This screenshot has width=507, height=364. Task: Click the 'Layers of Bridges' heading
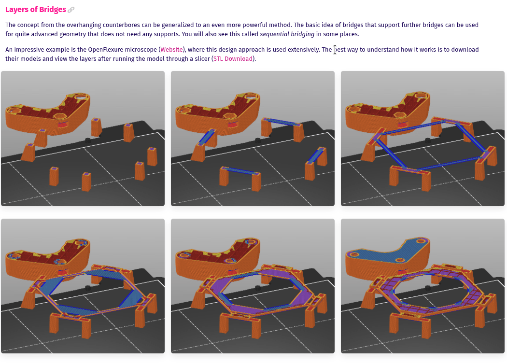tap(36, 9)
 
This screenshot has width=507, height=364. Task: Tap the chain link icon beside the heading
tap(71, 10)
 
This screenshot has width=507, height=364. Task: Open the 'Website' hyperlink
tap(172, 49)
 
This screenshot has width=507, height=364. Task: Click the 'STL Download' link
tap(233, 58)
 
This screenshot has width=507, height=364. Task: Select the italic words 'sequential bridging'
tap(287, 34)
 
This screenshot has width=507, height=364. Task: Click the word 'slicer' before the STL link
tap(202, 58)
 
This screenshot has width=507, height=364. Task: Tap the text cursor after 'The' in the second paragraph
tap(335, 50)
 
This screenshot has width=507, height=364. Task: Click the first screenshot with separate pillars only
tap(83, 139)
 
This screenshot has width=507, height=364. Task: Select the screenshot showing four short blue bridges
tap(253, 139)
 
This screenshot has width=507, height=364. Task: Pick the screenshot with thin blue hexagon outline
tap(422, 139)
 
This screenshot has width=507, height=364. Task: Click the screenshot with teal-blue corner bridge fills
tap(83, 286)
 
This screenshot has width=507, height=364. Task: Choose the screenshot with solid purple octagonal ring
tap(253, 286)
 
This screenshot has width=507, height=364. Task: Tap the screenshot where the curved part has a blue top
tap(422, 286)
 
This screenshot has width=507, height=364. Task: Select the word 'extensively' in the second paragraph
tap(304, 49)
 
